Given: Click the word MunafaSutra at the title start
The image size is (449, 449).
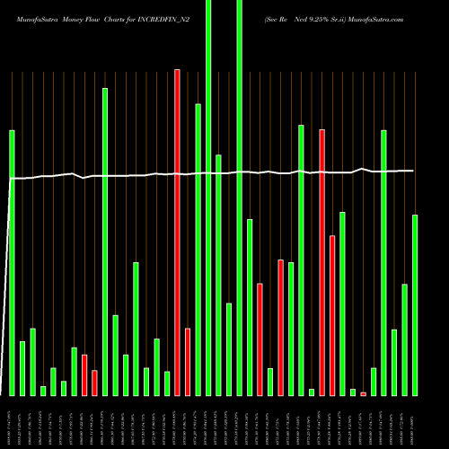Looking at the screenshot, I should (x=32, y=16).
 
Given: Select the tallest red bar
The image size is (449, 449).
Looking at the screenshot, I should (x=177, y=232).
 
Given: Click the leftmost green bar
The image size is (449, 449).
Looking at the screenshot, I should (x=12, y=262).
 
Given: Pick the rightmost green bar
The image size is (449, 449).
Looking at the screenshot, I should (x=415, y=304).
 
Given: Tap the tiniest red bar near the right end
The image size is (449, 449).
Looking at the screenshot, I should (x=363, y=393).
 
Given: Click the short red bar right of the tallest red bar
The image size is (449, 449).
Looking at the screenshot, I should (x=188, y=361).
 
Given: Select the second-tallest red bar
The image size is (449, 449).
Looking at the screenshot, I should (x=321, y=262).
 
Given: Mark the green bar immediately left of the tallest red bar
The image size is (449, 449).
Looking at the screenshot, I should (x=167, y=383).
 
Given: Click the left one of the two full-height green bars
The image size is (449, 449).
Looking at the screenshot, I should (x=208, y=198).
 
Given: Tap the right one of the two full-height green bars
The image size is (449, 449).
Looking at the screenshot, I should (x=239, y=198).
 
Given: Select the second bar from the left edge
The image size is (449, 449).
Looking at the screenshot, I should (x=22, y=368).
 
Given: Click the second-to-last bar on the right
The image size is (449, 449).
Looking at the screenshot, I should (x=404, y=339).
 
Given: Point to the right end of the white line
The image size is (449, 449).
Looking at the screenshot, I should (x=413, y=171).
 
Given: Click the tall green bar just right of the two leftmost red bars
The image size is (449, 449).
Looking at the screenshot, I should (x=105, y=242).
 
